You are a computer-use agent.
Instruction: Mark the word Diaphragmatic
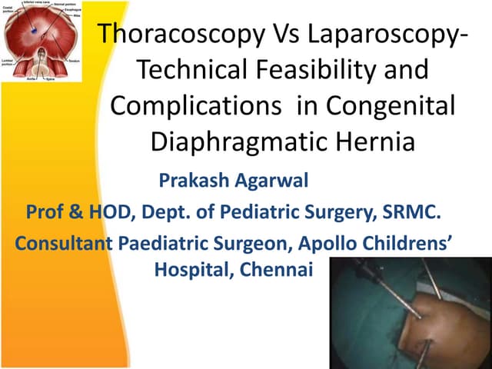tap(231, 142)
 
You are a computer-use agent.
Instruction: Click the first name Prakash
tap(189, 181)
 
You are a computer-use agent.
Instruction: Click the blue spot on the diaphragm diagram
tap(35, 25)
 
